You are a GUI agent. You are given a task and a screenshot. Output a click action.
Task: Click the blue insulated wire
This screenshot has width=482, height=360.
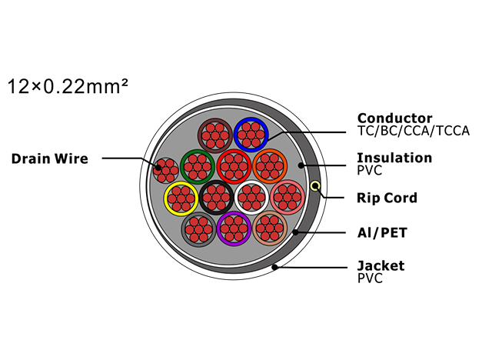(251, 135)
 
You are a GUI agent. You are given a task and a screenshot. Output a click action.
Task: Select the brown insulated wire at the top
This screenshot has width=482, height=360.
(215, 135)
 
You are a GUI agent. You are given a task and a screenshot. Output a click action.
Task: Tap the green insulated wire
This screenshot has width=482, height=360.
(198, 166)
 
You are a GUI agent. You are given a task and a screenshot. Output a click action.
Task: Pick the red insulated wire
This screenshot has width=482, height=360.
(234, 166)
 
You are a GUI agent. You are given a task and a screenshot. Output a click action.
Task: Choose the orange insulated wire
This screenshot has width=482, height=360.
(270, 166)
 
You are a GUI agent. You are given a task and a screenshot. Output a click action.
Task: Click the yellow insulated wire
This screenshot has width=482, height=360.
(181, 198)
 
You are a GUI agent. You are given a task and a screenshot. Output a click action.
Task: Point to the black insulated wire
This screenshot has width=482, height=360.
(217, 198)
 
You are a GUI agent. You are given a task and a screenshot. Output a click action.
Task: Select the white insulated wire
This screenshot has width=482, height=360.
(251, 198)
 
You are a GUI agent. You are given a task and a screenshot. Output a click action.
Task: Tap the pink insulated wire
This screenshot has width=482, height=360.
(288, 197)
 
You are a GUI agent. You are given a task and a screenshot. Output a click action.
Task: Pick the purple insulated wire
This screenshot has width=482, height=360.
(234, 228)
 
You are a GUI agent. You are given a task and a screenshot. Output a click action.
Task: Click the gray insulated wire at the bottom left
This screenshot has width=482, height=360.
(198, 229)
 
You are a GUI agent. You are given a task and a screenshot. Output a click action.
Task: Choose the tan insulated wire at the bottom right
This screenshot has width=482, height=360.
(270, 228)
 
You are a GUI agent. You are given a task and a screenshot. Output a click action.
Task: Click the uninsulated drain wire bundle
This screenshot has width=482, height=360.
(166, 170)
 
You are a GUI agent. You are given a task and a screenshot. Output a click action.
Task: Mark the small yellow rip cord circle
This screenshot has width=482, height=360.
(315, 186)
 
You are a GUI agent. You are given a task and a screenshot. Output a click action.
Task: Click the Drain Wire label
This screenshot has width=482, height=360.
(50, 158)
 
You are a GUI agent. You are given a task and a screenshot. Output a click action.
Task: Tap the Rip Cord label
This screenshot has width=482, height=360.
(387, 198)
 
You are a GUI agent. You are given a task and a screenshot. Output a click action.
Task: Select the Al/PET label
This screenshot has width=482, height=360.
(382, 232)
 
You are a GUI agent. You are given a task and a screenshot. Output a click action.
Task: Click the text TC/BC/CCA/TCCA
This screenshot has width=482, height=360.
(414, 131)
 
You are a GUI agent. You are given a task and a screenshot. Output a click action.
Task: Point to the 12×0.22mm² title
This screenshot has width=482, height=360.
(68, 86)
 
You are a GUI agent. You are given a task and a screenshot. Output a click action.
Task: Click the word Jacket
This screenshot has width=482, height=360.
(381, 266)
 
